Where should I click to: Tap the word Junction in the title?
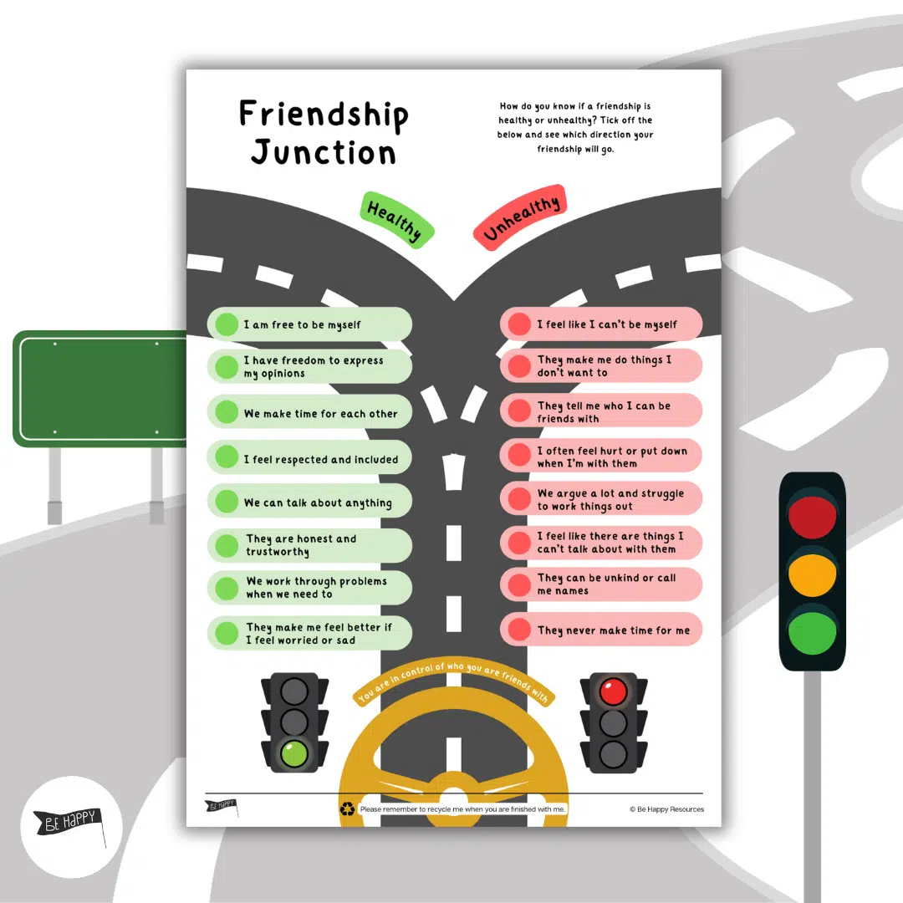tap(324, 152)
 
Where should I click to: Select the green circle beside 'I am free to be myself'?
tap(227, 324)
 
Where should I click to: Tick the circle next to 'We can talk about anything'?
tap(227, 502)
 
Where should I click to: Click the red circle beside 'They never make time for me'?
tap(519, 630)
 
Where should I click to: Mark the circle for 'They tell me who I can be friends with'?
tap(519, 411)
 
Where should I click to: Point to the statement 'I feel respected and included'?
tap(320, 459)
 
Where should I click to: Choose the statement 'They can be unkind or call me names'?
tap(606, 584)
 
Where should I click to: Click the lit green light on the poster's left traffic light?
tap(293, 753)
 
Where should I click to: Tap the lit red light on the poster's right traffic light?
tap(613, 691)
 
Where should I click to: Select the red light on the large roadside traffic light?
tap(812, 517)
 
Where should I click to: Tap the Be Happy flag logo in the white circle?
tap(69, 821)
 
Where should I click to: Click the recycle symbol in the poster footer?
tap(347, 809)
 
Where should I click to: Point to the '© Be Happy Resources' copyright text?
tap(666, 809)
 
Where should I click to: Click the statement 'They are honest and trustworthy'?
tap(301, 545)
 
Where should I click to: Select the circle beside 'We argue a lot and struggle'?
tap(519, 499)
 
